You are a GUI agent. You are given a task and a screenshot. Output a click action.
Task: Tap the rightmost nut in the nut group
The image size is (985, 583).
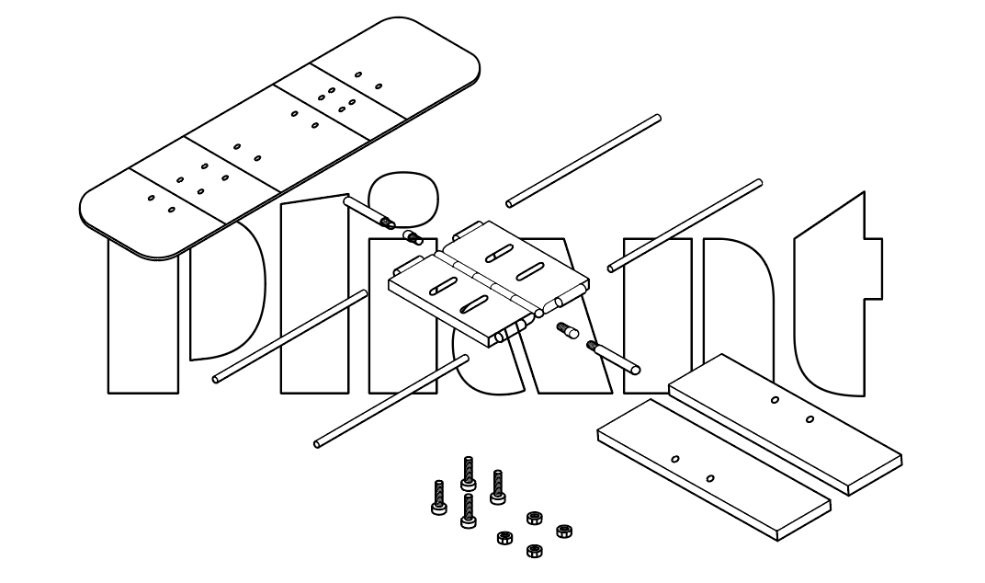pyautogui.click(x=564, y=530)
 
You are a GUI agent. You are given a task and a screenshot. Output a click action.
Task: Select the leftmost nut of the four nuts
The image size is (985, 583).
pyautogui.click(x=503, y=537)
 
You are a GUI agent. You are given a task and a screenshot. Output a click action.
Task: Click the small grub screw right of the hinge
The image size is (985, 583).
pyautogui.click(x=567, y=330)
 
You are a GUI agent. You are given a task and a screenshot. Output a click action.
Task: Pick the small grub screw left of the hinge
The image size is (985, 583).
pyautogui.click(x=413, y=238)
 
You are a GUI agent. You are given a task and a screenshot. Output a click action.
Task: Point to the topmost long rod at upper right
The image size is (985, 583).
pyautogui.click(x=583, y=160)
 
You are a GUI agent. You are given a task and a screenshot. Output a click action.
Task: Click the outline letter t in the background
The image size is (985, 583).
pyautogui.click(x=832, y=303)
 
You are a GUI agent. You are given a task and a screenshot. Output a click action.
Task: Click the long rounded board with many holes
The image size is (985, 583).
pyautogui.click(x=276, y=138)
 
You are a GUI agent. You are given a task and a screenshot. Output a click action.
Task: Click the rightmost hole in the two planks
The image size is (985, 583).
pyautogui.click(x=810, y=420)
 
